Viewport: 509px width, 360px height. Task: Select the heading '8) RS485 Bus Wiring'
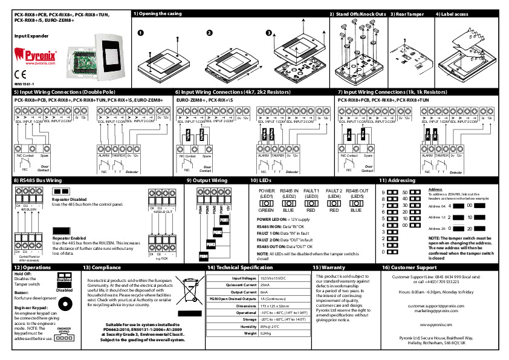pos(37,180)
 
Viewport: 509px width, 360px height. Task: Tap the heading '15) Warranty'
pos(329,267)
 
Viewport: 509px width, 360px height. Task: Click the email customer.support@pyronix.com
pos(427,306)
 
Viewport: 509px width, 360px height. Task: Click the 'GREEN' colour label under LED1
pos(267,211)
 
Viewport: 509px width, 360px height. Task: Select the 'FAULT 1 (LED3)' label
pos(311,193)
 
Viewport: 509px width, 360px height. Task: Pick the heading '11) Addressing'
pos(397,180)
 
